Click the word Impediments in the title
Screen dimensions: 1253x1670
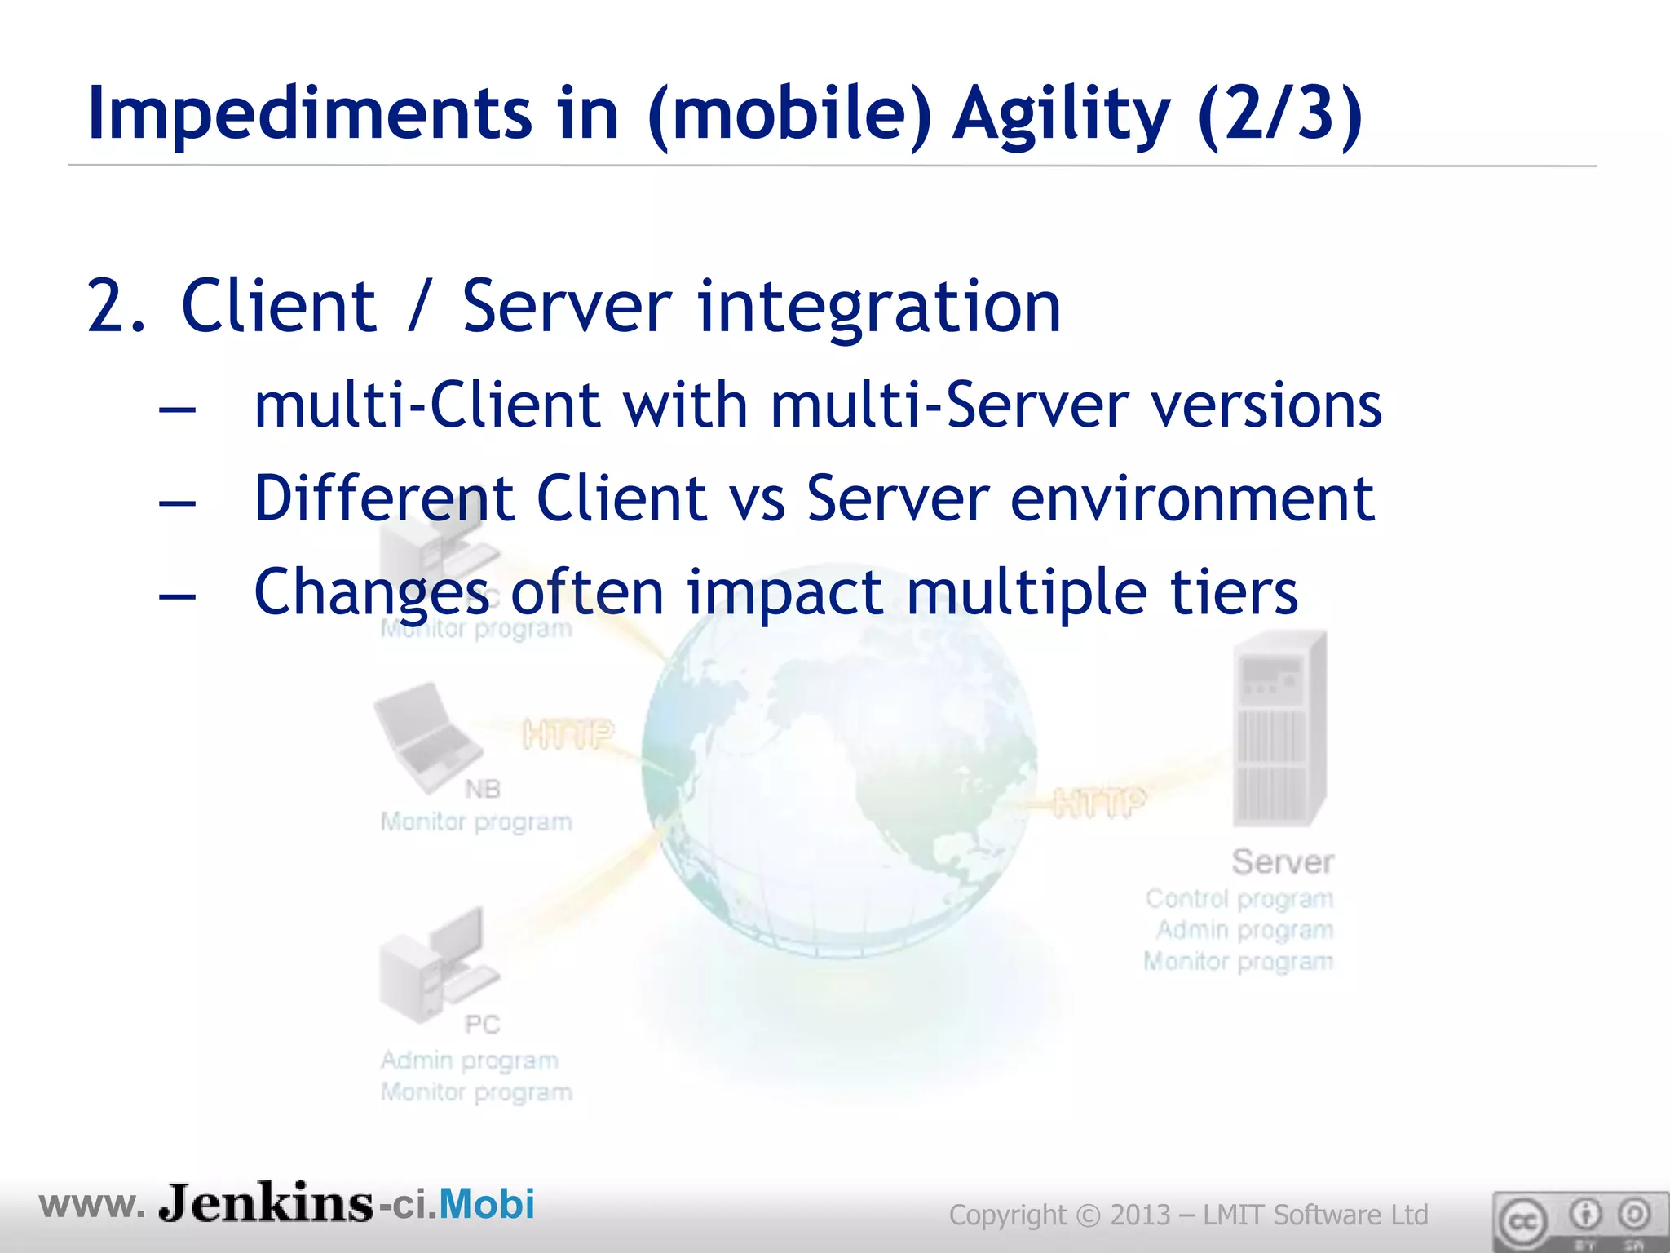tap(310, 114)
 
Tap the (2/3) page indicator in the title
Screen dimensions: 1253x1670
tap(1280, 114)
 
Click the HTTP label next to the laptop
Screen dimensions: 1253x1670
tap(568, 735)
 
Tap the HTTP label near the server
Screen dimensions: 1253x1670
tap(1098, 803)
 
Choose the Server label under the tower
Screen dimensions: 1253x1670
tap(1282, 862)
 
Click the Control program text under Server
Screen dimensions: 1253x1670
tap(1239, 899)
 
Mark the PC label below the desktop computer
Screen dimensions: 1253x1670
tap(481, 1024)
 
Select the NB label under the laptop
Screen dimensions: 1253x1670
tap(482, 789)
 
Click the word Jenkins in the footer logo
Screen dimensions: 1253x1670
tap(266, 1202)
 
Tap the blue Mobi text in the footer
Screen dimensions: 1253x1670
tap(487, 1204)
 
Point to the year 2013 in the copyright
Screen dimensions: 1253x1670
tap(1140, 1215)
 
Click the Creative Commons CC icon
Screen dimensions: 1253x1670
tap(1522, 1222)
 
